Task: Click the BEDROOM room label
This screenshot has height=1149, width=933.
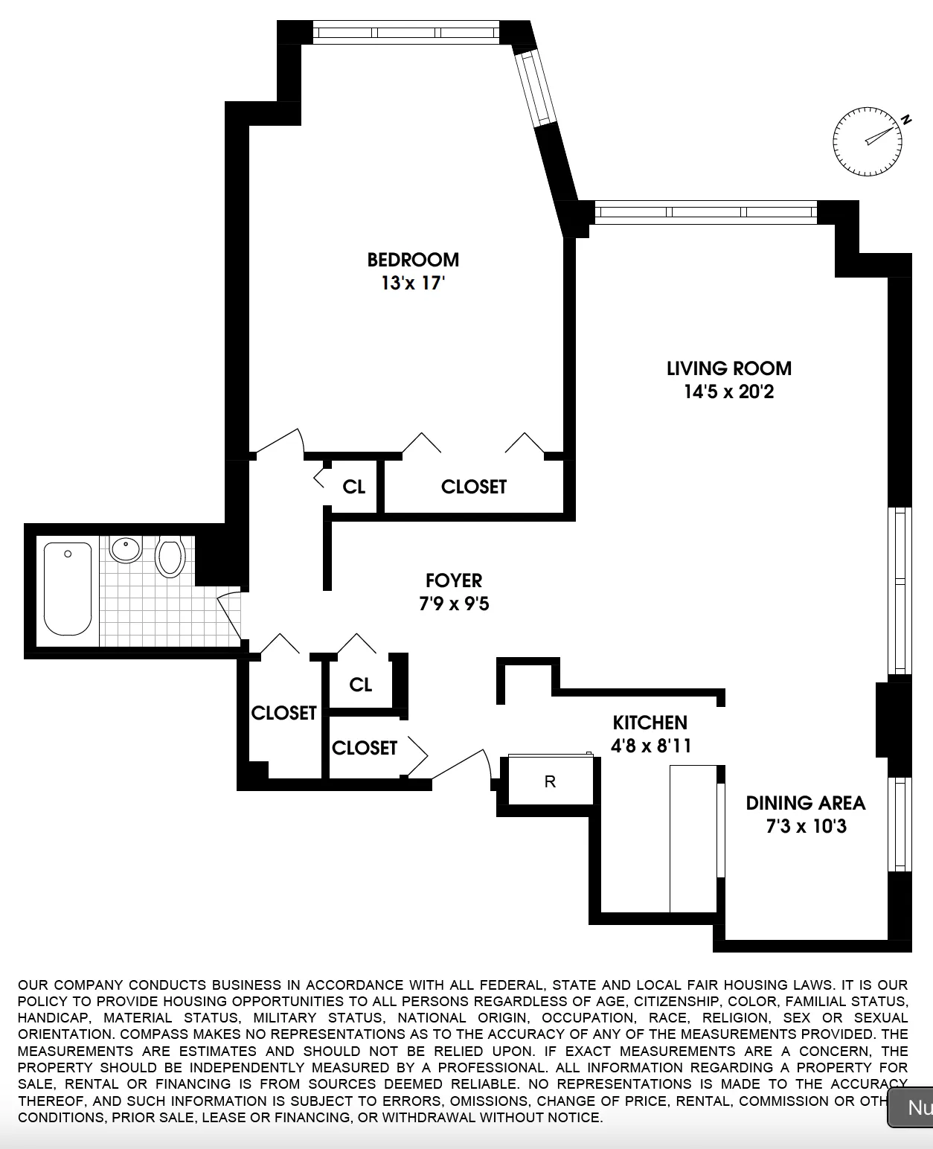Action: click(x=413, y=260)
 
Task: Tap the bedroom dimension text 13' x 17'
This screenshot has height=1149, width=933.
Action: click(x=413, y=284)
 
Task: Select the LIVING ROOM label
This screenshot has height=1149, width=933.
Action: click(x=728, y=368)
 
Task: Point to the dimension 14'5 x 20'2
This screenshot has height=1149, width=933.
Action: click(x=728, y=391)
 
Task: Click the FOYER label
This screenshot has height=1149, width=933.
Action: click(x=454, y=580)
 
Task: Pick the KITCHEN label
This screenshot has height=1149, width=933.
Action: click(x=650, y=723)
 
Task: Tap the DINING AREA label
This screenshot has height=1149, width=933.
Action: click(x=806, y=803)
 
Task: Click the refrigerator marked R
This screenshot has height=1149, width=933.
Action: click(x=550, y=781)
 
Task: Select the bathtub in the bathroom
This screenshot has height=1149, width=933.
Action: click(x=68, y=588)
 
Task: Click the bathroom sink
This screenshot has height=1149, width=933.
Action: click(x=125, y=550)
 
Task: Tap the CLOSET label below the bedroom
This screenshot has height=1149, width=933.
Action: click(x=473, y=487)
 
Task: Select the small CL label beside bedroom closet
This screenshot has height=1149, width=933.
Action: click(x=353, y=487)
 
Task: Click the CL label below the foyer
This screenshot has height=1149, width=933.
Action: click(x=360, y=685)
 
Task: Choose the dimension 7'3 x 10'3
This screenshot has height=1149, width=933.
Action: click(x=806, y=826)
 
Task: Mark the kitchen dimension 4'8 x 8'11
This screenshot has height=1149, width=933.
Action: click(x=651, y=746)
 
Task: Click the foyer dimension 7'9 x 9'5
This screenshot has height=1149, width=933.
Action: click(x=454, y=604)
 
